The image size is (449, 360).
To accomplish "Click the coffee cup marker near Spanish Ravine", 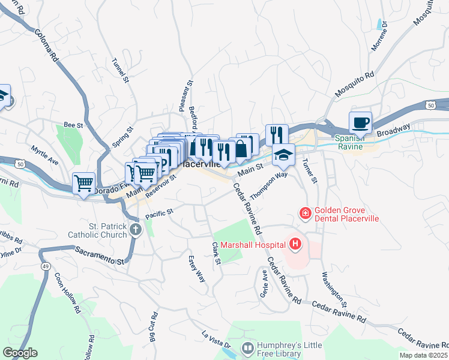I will click(360, 123).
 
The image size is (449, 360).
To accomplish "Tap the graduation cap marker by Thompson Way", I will click(283, 155).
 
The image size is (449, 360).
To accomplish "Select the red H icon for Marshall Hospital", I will click(295, 244).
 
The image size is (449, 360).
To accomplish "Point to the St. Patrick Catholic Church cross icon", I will click(136, 230).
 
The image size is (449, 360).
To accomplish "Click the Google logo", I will click(20, 353).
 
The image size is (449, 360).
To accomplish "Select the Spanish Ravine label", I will click(354, 142).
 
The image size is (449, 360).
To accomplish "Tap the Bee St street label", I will click(73, 125).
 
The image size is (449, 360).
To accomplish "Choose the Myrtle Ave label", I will click(45, 154).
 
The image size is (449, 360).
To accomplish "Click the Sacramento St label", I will click(100, 258).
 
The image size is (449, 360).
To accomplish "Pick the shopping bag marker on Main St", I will click(241, 149).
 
